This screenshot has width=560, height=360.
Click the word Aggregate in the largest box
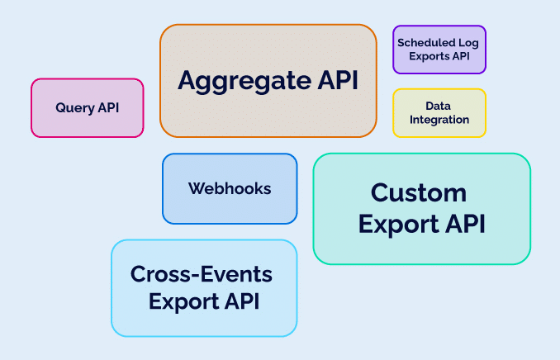tap(241, 81)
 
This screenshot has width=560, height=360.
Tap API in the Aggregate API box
tap(335, 81)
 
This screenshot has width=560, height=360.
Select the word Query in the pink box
tap(74, 108)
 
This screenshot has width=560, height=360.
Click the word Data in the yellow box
tap(439, 106)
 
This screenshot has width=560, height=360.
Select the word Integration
tap(439, 120)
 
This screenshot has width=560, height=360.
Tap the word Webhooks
tap(230, 188)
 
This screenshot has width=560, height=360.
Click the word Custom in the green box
tap(419, 193)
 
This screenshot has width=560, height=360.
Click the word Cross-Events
tap(202, 274)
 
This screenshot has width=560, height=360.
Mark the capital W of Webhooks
tap(196, 188)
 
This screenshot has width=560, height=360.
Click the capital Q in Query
tap(60, 108)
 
